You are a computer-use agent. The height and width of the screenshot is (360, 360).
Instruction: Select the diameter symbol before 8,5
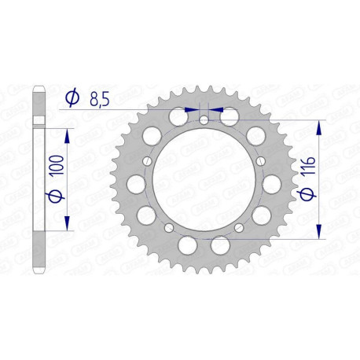click(72, 98)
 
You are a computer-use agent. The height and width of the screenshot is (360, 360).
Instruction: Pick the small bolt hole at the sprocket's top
click(204, 120)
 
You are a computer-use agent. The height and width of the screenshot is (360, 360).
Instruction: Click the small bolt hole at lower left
click(167, 226)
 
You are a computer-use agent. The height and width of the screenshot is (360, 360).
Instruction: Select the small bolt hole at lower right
click(241, 226)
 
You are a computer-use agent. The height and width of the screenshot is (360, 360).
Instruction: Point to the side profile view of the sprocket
click(39, 181)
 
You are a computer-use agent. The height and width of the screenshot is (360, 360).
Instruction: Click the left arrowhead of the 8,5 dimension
click(191, 111)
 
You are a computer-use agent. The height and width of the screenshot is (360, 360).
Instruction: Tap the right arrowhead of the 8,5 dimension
click(218, 111)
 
